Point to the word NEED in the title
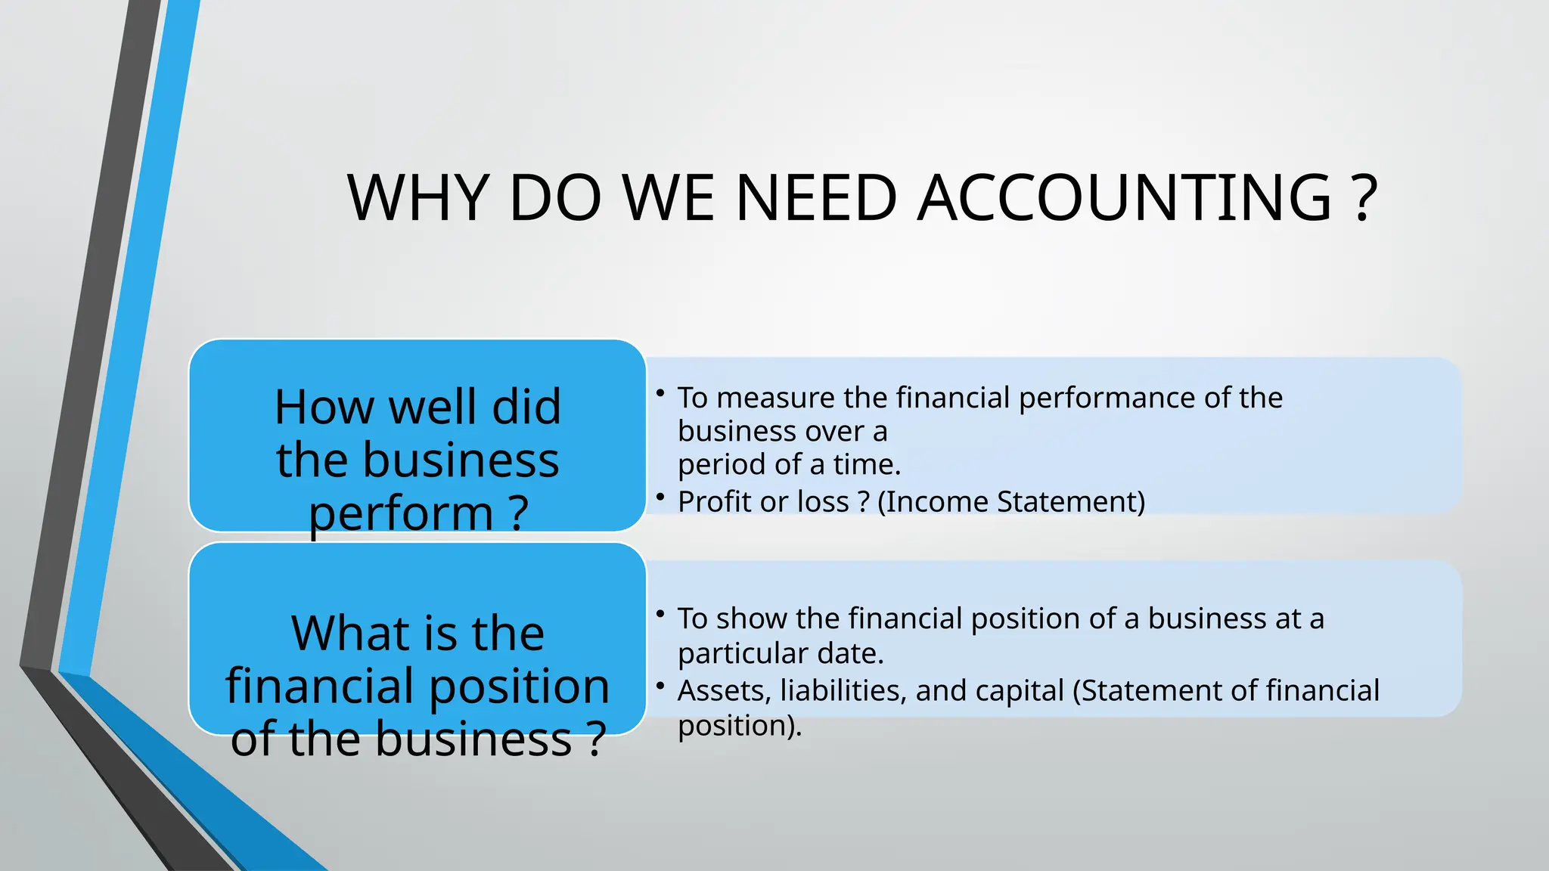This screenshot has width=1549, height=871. [816, 198]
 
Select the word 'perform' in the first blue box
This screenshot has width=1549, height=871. [401, 514]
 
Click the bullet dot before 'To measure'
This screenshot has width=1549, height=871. [660, 392]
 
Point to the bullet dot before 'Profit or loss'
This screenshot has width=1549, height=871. [660, 497]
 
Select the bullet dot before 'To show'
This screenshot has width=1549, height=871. [660, 613]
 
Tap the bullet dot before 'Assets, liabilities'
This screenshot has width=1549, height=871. [660, 686]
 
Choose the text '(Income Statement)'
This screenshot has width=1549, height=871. [1011, 502]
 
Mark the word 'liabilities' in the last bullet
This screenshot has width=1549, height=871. [843, 691]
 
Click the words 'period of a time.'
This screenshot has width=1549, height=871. [789, 465]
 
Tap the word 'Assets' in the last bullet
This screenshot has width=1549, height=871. [724, 691]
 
